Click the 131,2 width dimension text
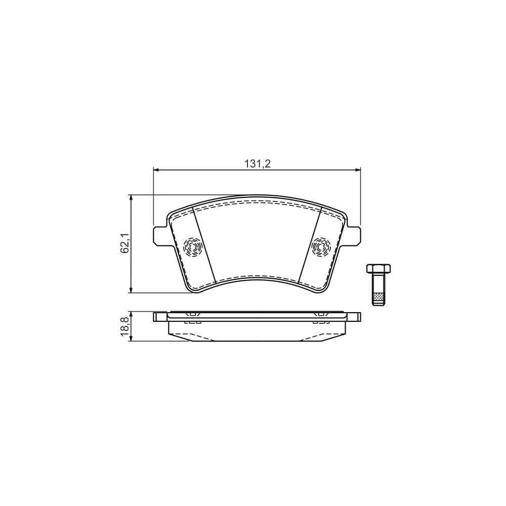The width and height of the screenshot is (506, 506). (258, 163)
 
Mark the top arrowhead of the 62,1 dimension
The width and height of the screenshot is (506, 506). (132, 198)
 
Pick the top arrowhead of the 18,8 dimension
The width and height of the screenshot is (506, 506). (132, 314)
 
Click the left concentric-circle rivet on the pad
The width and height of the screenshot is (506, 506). (193, 247)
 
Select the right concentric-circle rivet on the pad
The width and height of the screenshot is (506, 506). (321, 247)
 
